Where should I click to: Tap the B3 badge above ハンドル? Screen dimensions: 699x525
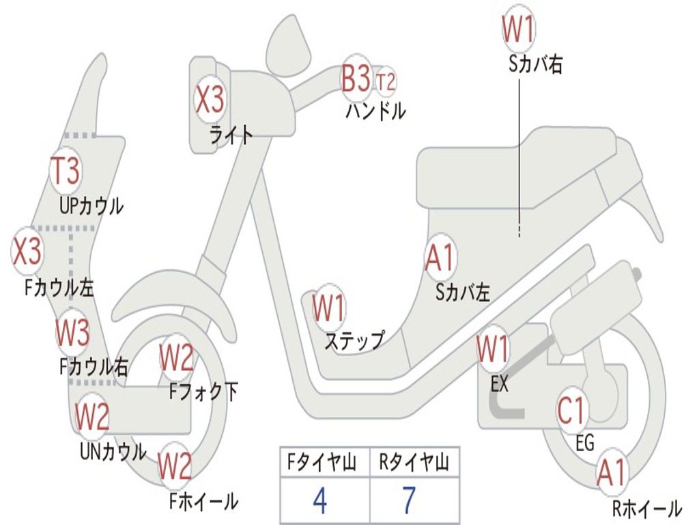click(356, 79)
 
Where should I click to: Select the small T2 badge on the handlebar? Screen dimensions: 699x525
click(386, 82)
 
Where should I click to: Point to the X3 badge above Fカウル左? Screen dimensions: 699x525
click(27, 251)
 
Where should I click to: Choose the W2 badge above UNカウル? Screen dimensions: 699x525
click(92, 416)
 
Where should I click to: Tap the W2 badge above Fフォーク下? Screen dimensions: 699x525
click(177, 357)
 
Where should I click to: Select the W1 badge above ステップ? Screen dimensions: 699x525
click(329, 309)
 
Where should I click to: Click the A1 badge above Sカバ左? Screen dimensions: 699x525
click(440, 258)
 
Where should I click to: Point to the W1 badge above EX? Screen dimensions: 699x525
click(493, 349)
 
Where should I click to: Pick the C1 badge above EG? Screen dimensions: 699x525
click(572, 411)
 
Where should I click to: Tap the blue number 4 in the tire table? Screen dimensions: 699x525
click(319, 501)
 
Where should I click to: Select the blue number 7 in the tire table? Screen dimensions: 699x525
click(408, 501)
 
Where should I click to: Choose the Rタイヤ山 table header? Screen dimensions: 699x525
click(414, 463)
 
